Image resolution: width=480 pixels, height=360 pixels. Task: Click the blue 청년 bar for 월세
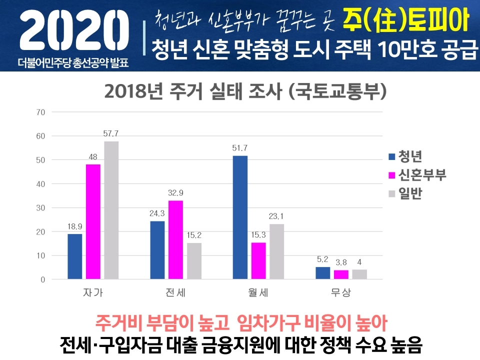tap(240, 217)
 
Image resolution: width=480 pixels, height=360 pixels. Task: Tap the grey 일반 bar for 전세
tap(194, 261)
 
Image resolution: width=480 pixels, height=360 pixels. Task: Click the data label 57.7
tap(111, 134)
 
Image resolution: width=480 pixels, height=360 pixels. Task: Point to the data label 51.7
tap(240, 148)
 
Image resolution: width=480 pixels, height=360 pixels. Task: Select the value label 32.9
tap(176, 193)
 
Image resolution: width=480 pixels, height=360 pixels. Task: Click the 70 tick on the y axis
tap(40, 112)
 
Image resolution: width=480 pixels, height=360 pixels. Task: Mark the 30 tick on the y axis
tap(40, 208)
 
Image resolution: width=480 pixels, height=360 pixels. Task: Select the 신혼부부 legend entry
tap(422, 175)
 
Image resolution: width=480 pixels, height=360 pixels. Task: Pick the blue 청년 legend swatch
tap(392, 157)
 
